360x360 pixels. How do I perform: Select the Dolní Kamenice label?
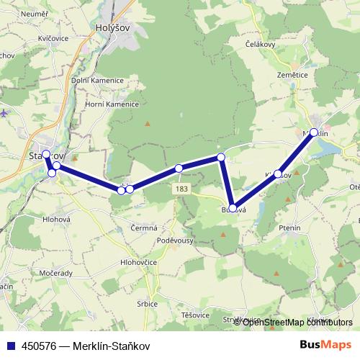[x=94, y=80]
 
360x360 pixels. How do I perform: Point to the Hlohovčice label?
[x=139, y=263]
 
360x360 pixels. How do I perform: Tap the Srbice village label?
[x=146, y=304]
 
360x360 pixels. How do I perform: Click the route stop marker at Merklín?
[x=314, y=132]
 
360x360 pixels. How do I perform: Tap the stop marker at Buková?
[x=233, y=207]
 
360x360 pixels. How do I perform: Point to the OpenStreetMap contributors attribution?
[x=297, y=322]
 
